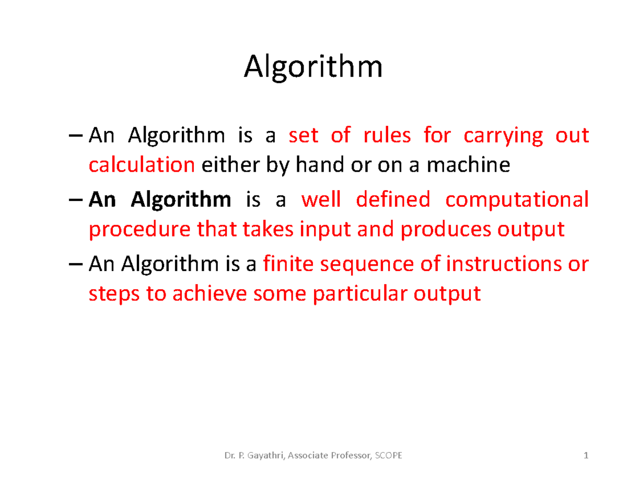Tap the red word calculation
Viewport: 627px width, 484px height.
pyautogui.click(x=142, y=166)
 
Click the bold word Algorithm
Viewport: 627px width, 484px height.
pyautogui.click(x=180, y=200)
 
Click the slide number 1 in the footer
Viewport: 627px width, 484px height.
pyautogui.click(x=586, y=456)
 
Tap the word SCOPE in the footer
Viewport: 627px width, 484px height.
pyautogui.click(x=389, y=456)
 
